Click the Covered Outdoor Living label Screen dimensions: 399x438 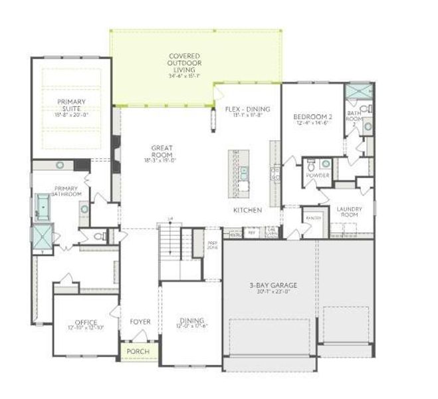pos(184,61)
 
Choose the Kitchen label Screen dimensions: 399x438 pos(247,210)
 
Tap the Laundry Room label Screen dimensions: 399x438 pos(348,211)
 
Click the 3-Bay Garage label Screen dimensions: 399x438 pos(273,286)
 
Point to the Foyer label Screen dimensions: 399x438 pos(140,322)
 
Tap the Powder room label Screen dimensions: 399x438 pos(318,176)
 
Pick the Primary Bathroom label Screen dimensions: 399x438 pos(66,192)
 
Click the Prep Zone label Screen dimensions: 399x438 pos(213,245)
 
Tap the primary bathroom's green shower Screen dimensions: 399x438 pos(42,235)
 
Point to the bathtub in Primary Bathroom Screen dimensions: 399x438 pos(44,207)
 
